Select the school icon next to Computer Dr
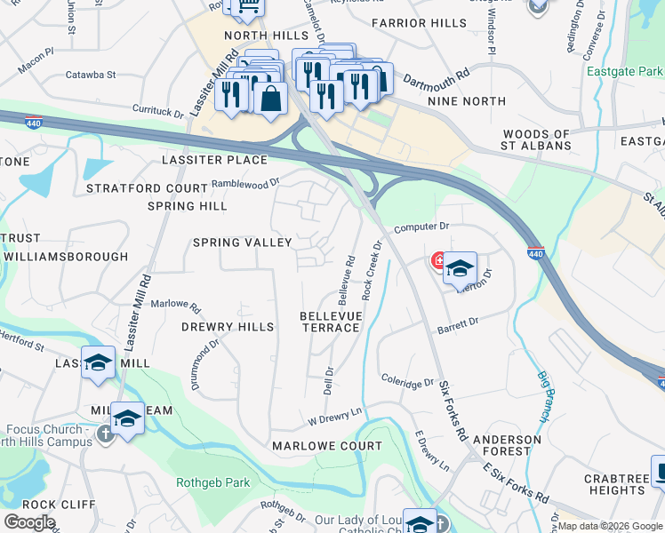coord(460,268)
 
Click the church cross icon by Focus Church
coord(105,434)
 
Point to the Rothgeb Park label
coord(214,482)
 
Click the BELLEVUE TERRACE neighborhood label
coord(330,322)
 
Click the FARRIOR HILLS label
coord(419,23)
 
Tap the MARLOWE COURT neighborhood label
coord(326,446)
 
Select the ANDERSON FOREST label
coord(507,446)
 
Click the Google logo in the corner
coord(29,522)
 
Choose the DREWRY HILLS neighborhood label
coord(228,327)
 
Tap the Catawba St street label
coord(92,76)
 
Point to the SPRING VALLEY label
coord(243,243)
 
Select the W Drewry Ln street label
coord(335,414)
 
